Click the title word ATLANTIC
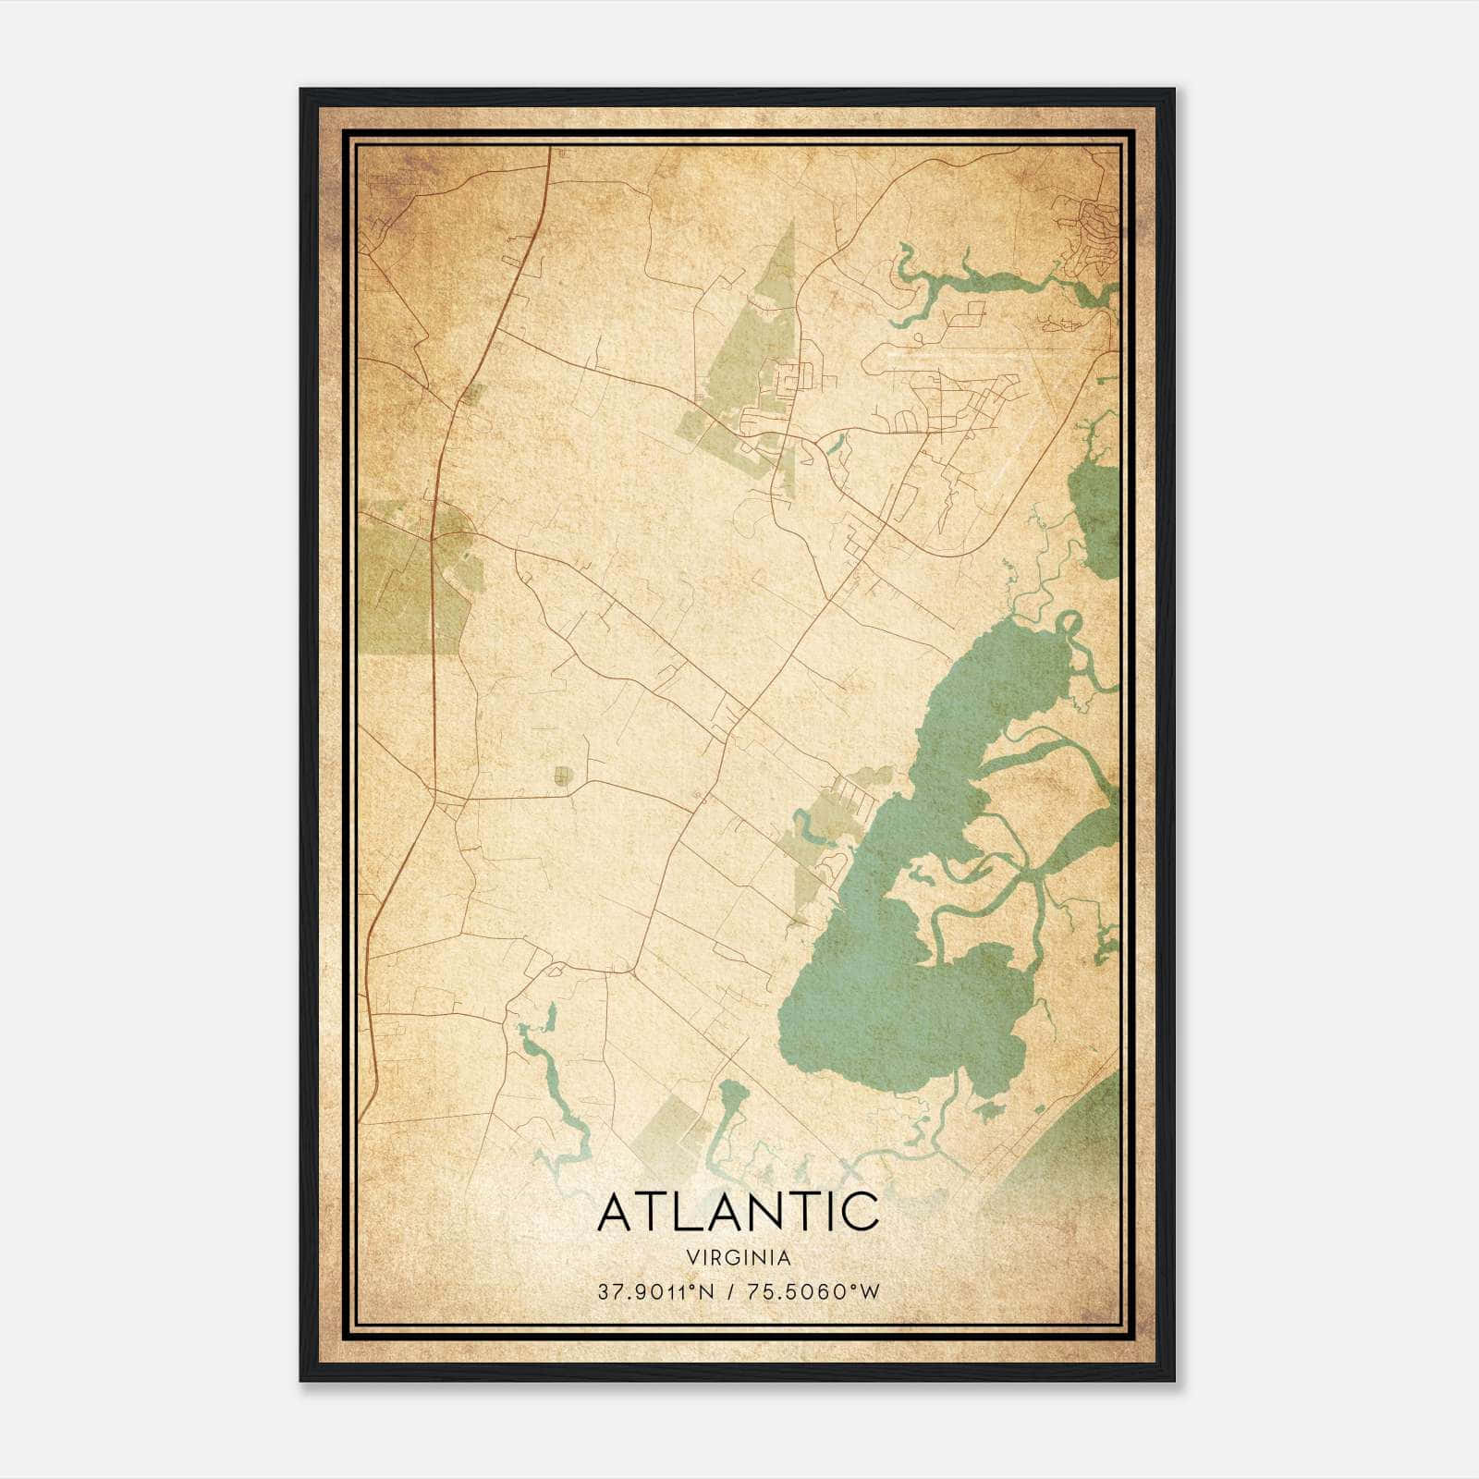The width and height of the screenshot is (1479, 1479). tap(739, 1212)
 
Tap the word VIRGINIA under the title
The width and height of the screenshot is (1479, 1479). tap(739, 1258)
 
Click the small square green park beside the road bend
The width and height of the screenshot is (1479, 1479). tap(562, 776)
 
